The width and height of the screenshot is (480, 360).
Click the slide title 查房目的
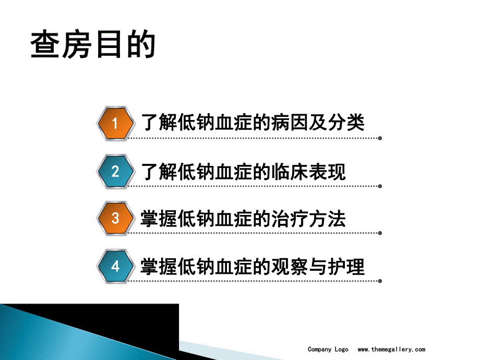(93, 45)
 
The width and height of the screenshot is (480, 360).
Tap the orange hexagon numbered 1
(115, 123)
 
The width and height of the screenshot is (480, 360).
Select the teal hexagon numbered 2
(115, 171)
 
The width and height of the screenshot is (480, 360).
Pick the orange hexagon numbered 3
(115, 218)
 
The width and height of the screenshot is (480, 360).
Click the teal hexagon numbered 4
(115, 267)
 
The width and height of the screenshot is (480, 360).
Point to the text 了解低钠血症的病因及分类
(253, 123)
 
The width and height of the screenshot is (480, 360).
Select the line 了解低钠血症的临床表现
(244, 171)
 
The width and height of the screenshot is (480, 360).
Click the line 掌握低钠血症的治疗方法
(244, 219)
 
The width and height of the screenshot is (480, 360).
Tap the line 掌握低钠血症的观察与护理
(253, 267)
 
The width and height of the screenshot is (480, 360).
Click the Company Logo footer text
(328, 350)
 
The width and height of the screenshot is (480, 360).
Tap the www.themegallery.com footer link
(391, 350)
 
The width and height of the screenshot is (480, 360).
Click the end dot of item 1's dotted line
(380, 139)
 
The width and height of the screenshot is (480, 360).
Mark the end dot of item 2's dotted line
(380, 186)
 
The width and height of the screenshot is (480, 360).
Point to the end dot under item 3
(380, 233)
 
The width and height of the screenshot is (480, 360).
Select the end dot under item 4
(380, 281)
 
